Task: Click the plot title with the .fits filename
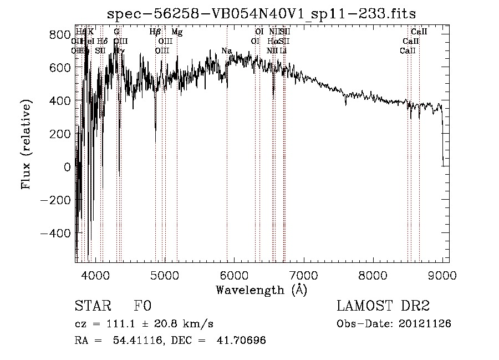click(261, 13)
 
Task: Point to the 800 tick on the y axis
click(76, 34)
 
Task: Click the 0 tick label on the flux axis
click(67, 167)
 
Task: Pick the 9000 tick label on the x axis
click(442, 275)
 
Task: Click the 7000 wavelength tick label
click(303, 275)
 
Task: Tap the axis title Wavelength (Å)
click(261, 290)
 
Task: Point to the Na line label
click(226, 51)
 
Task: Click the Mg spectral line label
click(177, 32)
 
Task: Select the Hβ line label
click(155, 32)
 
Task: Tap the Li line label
click(283, 50)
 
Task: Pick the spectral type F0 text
click(142, 306)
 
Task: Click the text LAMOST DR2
click(383, 306)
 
